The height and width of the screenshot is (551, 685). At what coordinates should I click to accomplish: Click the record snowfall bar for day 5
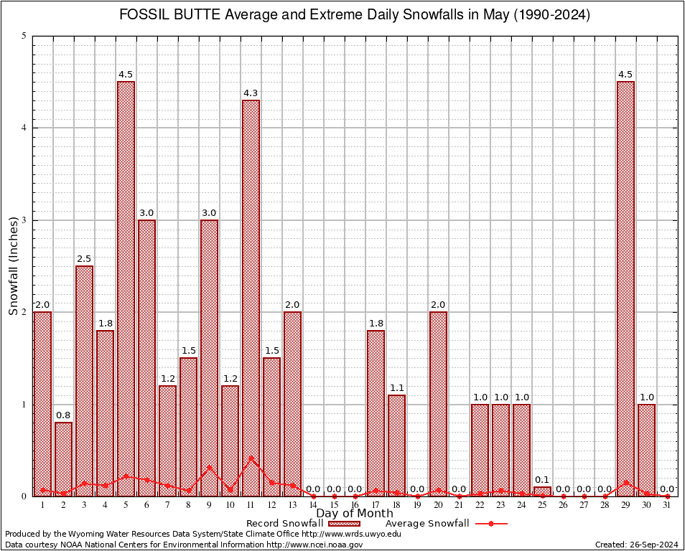coord(126,287)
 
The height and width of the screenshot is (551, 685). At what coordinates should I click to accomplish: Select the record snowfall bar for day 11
coord(251,298)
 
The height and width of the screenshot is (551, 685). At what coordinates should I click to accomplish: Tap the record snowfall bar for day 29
coord(625,287)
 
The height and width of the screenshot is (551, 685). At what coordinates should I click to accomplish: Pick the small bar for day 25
coord(542,491)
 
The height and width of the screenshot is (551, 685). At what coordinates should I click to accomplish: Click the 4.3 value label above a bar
coord(251,93)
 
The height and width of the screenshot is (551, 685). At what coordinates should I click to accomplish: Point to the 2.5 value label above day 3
coord(84,258)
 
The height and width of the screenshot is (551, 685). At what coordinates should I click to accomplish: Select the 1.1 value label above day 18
coord(397,387)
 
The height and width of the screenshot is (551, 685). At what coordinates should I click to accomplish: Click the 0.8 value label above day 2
coord(63,415)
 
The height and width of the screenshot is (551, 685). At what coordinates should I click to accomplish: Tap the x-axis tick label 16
coord(355,506)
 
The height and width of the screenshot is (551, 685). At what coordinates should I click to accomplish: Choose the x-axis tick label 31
coord(667,506)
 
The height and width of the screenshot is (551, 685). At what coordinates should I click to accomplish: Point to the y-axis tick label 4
coord(24,128)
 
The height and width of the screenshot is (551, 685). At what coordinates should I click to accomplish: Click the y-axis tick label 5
coord(24,36)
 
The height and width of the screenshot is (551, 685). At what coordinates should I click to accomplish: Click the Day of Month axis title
coord(355,514)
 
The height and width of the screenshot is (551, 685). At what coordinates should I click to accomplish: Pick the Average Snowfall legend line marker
coord(490,524)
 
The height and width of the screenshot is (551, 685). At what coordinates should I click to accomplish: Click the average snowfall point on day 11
coord(251,458)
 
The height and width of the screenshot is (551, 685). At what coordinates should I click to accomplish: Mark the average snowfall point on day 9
coord(210,468)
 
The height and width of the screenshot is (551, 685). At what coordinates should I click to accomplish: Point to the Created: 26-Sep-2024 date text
coord(636,545)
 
